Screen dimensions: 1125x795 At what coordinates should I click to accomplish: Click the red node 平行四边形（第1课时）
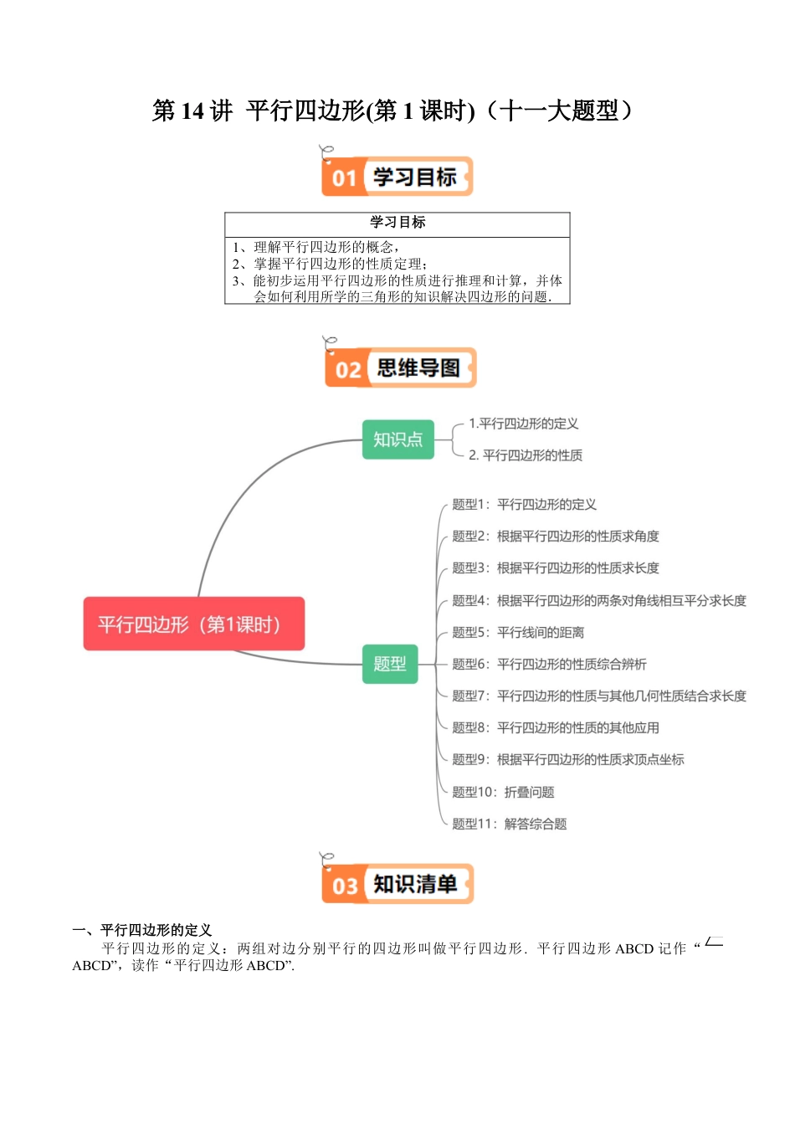193,624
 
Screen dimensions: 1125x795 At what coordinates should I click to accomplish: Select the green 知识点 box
397,439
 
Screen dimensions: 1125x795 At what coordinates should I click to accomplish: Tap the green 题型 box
389,664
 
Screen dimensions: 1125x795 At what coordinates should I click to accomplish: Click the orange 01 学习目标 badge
397,177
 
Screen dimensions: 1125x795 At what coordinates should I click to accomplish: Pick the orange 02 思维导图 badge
400,367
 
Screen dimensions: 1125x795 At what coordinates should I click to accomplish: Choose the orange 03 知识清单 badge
397,884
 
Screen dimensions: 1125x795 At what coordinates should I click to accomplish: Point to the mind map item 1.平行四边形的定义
523,424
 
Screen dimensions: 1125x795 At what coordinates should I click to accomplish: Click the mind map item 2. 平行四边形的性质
525,455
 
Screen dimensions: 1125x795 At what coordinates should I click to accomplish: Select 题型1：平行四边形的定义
524,505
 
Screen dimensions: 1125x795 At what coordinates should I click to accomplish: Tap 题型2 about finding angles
555,537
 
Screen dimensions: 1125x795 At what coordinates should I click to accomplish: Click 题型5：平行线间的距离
518,633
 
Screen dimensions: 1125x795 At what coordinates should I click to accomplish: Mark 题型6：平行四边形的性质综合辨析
549,665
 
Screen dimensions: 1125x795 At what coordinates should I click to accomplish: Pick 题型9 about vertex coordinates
567,760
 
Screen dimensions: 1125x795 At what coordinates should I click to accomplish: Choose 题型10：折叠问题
503,793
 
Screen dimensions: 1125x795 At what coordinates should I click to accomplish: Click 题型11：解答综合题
509,824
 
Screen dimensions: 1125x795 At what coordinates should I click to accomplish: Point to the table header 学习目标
397,223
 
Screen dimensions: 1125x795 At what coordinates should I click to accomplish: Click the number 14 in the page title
192,110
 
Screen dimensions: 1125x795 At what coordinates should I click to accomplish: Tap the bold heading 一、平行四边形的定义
142,930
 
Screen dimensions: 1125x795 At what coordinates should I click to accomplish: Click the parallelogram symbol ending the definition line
714,943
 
